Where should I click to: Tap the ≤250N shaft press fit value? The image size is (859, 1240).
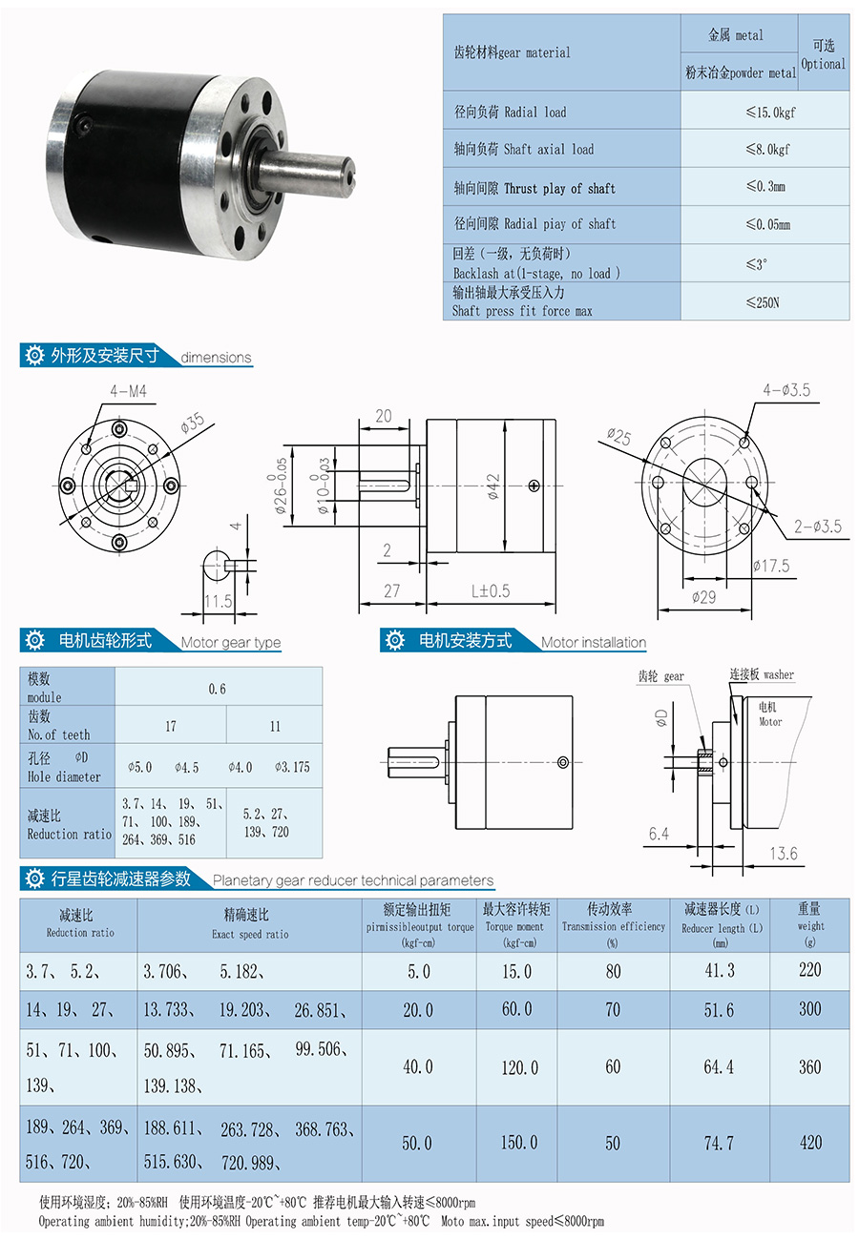(x=764, y=302)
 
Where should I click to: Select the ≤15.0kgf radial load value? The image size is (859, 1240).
(x=770, y=113)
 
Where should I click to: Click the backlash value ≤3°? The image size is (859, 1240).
(x=757, y=264)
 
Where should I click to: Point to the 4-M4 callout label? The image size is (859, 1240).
(x=128, y=391)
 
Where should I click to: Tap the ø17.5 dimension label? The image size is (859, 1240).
(x=770, y=566)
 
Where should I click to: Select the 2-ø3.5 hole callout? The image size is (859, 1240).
(x=817, y=526)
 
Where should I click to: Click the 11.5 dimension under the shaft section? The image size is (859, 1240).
(x=219, y=601)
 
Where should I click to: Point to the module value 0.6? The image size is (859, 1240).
(x=218, y=688)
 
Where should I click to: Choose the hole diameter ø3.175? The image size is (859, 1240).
(x=292, y=767)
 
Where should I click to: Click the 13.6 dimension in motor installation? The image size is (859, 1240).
(x=782, y=854)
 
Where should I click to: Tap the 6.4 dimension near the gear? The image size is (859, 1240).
(x=659, y=834)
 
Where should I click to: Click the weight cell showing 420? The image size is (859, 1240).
(x=810, y=1143)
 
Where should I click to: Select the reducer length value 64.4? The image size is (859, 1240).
(x=719, y=1066)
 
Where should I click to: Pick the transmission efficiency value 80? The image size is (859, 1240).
(x=613, y=971)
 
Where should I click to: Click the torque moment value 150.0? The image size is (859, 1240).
(x=519, y=1143)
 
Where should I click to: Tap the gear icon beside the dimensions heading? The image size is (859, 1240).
(x=35, y=356)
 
